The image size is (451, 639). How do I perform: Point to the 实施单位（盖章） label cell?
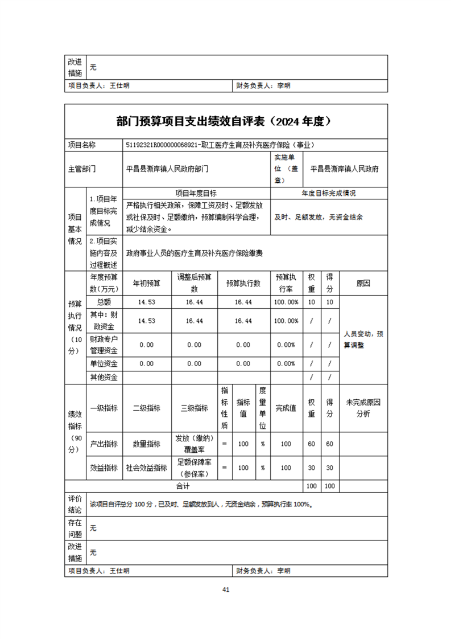coord(287,169)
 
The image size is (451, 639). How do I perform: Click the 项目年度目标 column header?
coord(196,194)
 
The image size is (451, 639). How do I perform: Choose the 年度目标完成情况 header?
coord(329,194)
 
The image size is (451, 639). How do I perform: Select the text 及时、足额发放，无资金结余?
coord(319,217)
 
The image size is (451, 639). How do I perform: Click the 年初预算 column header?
coord(147,283)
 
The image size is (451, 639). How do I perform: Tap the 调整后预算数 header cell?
coord(195,283)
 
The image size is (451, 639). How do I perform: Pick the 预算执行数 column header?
coord(243,283)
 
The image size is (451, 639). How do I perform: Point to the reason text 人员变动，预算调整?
coord(363,339)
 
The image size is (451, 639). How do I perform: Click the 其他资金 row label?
coord(104,377)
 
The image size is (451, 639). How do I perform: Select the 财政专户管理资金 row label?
coord(104,345)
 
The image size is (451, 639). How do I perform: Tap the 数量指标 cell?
coord(147,444)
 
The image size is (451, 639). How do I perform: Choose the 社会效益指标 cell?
coord(147,468)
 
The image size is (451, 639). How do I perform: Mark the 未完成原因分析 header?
coord(363,408)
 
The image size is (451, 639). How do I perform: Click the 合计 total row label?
coord(183,486)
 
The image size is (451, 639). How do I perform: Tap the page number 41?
coord(226,589)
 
